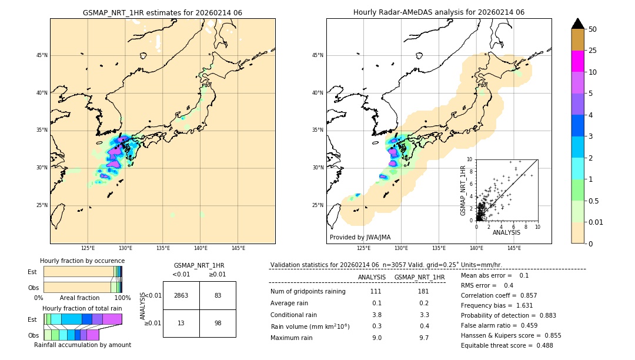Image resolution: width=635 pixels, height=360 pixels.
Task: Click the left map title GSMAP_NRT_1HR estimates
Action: point(162,12)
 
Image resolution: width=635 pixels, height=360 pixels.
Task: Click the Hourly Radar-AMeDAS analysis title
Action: point(439,12)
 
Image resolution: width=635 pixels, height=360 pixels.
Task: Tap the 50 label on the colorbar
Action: point(593,29)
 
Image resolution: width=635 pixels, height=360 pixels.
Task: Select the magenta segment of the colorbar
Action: point(577,61)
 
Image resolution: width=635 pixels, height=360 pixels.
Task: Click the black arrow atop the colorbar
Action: point(577,24)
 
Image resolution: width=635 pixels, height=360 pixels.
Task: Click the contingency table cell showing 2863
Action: point(181,295)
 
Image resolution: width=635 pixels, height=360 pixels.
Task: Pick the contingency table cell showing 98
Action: point(218,323)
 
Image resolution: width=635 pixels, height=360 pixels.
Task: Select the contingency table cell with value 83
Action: point(218,295)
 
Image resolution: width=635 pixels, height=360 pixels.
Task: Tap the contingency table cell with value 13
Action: point(181,323)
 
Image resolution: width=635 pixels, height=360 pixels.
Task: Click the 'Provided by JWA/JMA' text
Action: point(360,237)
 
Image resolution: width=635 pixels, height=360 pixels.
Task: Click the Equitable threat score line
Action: point(507,345)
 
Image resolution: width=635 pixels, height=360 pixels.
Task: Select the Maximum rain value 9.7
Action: point(424,338)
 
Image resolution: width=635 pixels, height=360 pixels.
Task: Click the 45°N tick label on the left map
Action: point(42,55)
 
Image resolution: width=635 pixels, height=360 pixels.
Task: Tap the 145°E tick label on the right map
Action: point(514,248)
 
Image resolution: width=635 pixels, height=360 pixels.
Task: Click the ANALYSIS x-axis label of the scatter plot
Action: point(506,232)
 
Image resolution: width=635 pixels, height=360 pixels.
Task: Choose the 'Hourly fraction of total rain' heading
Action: point(82,308)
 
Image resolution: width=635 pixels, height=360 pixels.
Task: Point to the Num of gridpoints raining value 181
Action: point(423,291)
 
